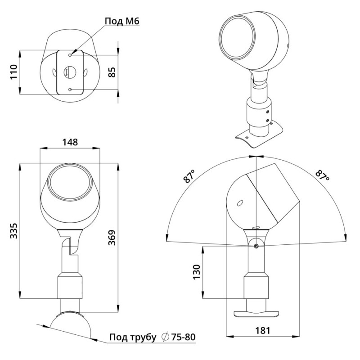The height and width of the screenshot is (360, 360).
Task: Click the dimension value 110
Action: (14, 72)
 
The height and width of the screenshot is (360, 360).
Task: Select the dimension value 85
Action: (112, 72)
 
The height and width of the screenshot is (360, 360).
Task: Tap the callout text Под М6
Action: (122, 21)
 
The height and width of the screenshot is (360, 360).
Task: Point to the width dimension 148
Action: (70, 142)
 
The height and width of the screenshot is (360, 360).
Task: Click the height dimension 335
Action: (14, 230)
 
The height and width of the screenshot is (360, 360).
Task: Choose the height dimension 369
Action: (112, 238)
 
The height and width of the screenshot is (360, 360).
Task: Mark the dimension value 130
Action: (197, 272)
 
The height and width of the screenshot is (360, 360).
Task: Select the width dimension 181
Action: (262, 330)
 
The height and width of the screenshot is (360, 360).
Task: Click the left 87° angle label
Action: (189, 176)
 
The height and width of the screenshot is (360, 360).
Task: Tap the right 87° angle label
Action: (322, 175)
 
